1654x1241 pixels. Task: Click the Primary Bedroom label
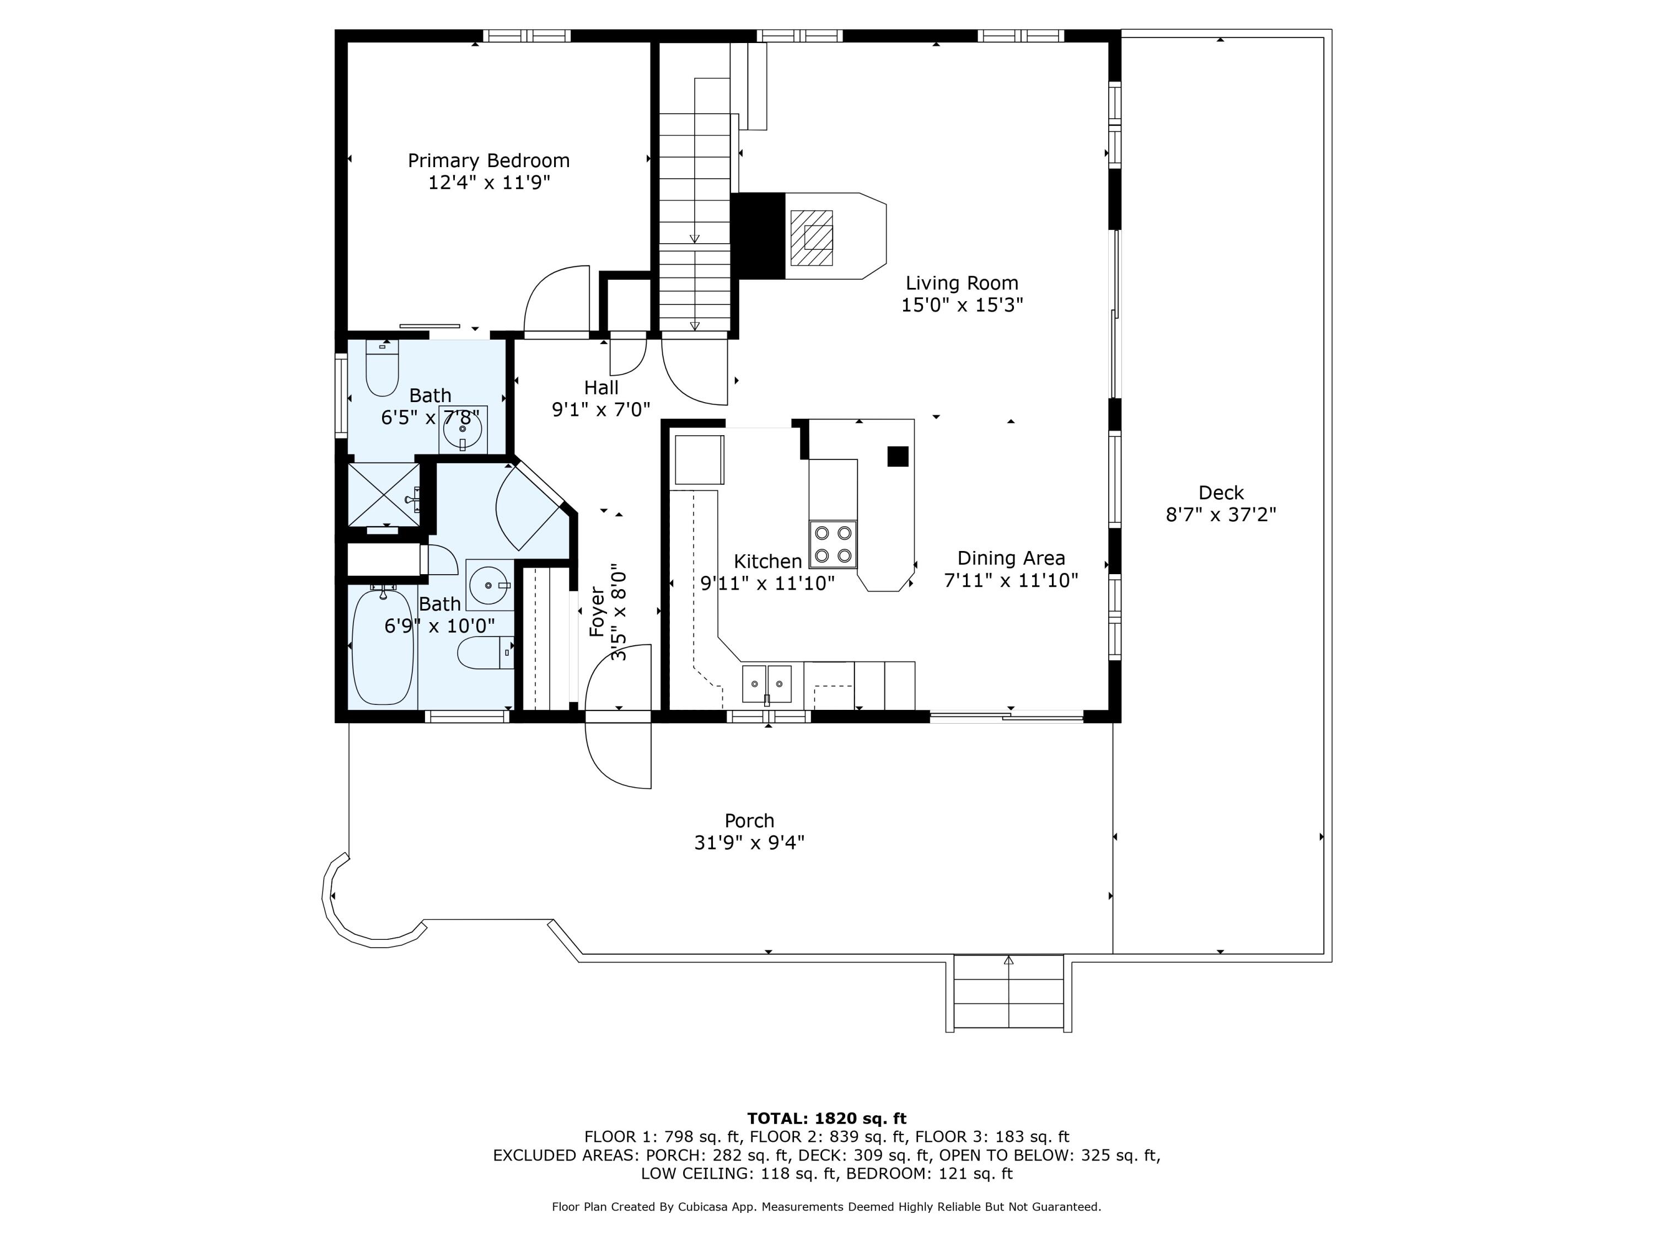click(488, 161)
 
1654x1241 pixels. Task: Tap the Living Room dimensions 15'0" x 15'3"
click(962, 305)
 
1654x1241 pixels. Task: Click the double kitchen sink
click(766, 684)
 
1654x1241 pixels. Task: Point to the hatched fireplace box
click(812, 237)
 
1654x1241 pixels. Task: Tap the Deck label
click(1221, 493)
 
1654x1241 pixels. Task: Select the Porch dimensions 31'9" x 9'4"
click(749, 843)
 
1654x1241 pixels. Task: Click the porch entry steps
click(1009, 993)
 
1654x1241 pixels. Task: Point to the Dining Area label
click(1011, 558)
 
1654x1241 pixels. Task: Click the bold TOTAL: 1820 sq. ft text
click(826, 1119)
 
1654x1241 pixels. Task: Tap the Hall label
click(601, 388)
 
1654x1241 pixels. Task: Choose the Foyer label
click(597, 612)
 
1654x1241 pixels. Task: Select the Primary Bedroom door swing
click(557, 299)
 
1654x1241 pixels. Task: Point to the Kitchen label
click(767, 561)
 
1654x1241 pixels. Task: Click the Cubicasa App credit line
click(826, 1207)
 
